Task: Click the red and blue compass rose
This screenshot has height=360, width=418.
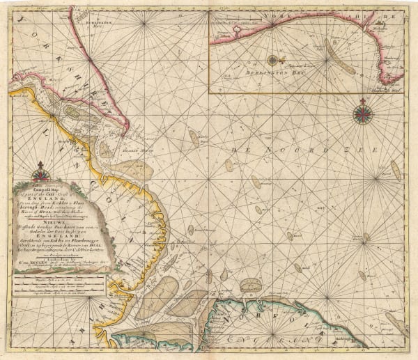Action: tap(363, 112)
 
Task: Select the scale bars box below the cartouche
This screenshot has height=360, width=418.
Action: tap(59, 285)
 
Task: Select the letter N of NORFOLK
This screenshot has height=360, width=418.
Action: tap(242, 322)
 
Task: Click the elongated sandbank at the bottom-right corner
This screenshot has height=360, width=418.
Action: tap(397, 324)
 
